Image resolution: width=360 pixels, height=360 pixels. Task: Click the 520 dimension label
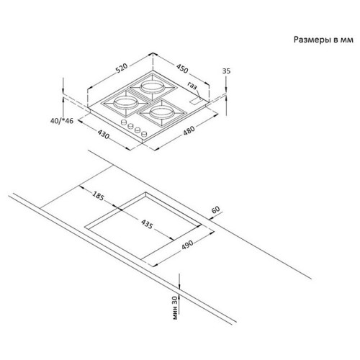[122, 68]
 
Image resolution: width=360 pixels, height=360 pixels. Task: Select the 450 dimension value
[182, 68]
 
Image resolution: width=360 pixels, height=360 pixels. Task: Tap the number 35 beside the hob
[226, 71]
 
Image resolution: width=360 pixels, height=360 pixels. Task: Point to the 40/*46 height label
[62, 121]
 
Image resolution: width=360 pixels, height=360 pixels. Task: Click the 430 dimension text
[104, 134]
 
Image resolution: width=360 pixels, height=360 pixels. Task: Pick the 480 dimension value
[189, 131]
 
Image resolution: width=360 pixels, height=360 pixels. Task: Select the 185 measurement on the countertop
[98, 196]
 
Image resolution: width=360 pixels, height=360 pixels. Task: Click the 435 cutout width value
[147, 225]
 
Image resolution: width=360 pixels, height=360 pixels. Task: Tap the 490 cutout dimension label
[187, 245]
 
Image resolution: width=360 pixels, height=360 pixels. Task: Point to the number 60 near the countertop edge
[216, 210]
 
